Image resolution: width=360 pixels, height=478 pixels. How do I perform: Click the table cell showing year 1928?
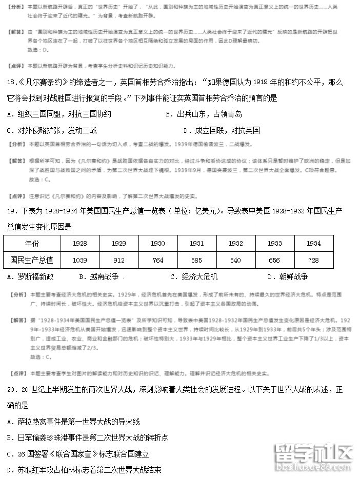point(80,244)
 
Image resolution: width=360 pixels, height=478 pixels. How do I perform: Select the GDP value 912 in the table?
point(118,260)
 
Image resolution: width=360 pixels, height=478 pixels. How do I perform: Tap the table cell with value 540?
point(235,260)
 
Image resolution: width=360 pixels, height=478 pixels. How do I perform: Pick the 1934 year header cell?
point(313,244)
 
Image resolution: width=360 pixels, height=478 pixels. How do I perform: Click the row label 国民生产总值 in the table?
point(32,260)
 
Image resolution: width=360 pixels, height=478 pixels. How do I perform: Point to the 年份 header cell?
point(32,244)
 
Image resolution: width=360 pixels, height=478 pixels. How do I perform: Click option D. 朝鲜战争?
point(287,276)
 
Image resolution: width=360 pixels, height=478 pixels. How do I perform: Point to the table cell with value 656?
point(274,260)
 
